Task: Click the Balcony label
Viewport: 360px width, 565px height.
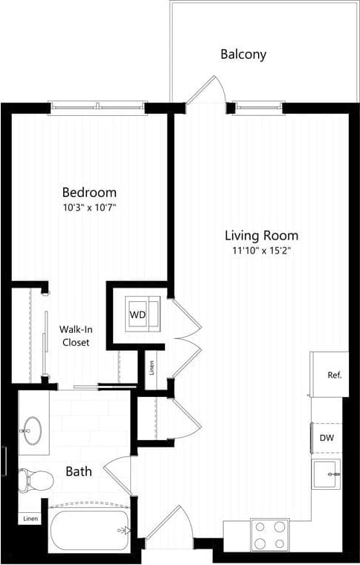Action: pyautogui.click(x=243, y=54)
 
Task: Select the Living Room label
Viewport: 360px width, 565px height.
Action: pyautogui.click(x=261, y=236)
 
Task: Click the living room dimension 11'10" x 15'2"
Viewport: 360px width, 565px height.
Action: pyautogui.click(x=261, y=251)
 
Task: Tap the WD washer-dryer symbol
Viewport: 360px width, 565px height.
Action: pyautogui.click(x=138, y=314)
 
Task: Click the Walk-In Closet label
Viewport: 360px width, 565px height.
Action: pyautogui.click(x=75, y=336)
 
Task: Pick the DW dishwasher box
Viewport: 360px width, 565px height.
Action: pyautogui.click(x=327, y=438)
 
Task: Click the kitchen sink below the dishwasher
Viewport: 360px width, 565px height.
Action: pyautogui.click(x=326, y=474)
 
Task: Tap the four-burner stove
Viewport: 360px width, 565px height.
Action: pyautogui.click(x=269, y=533)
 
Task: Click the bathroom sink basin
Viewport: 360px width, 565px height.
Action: pyautogui.click(x=33, y=430)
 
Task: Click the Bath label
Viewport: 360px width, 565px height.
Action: pyautogui.click(x=78, y=471)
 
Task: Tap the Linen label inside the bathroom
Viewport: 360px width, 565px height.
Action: pyautogui.click(x=30, y=518)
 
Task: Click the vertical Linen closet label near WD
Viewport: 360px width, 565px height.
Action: pyautogui.click(x=152, y=368)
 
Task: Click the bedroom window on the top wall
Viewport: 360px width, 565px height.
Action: pyautogui.click(x=98, y=108)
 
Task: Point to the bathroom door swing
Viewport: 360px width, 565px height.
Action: pyautogui.click(x=118, y=474)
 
